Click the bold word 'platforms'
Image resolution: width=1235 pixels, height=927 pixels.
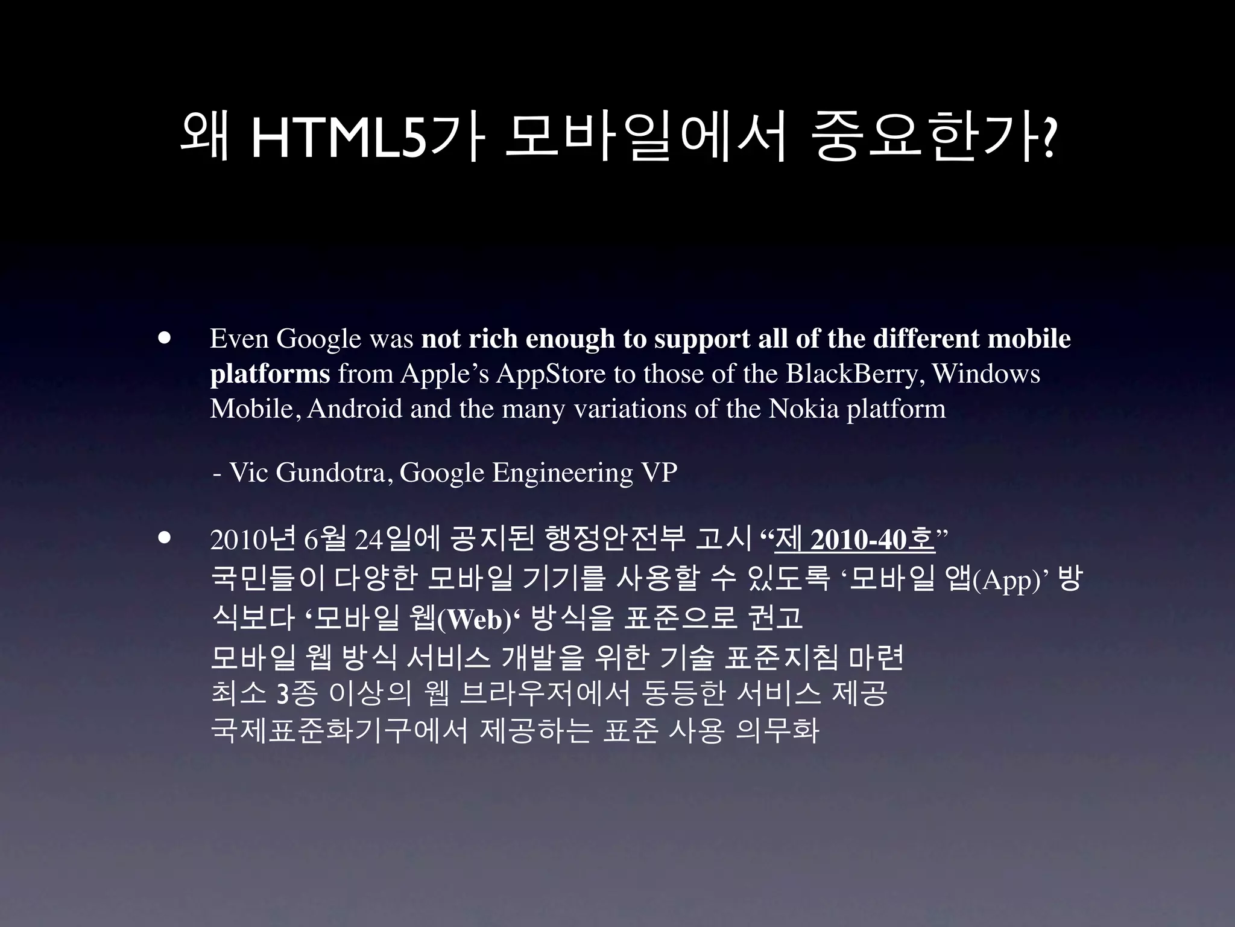click(x=270, y=374)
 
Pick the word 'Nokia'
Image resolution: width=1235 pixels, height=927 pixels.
click(x=804, y=409)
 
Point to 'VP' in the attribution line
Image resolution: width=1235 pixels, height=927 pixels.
click(x=659, y=473)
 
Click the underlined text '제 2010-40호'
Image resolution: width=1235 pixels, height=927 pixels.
click(x=854, y=540)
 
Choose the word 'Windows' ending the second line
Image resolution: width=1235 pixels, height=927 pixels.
click(x=986, y=374)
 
